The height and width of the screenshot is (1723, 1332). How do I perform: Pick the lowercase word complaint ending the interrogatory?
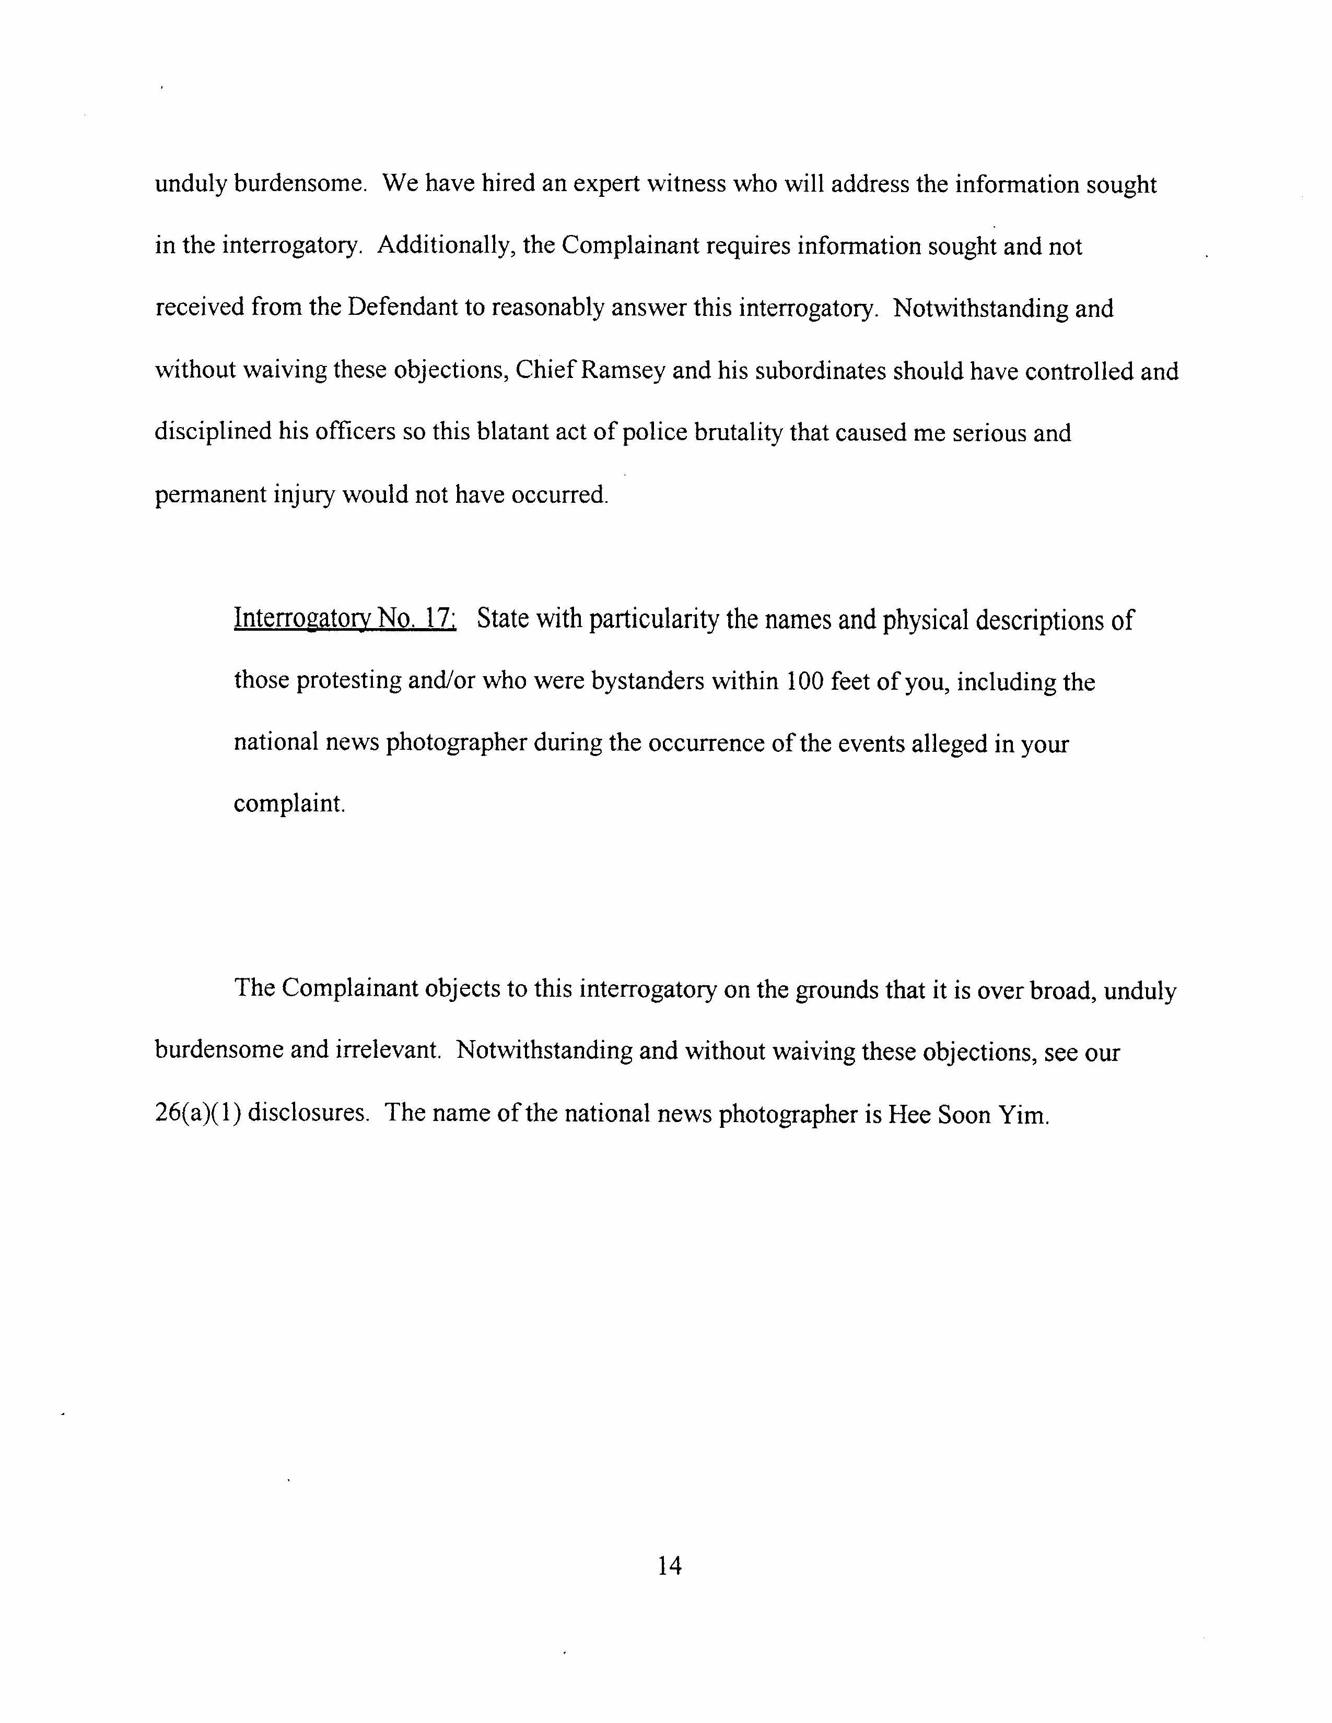289,804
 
